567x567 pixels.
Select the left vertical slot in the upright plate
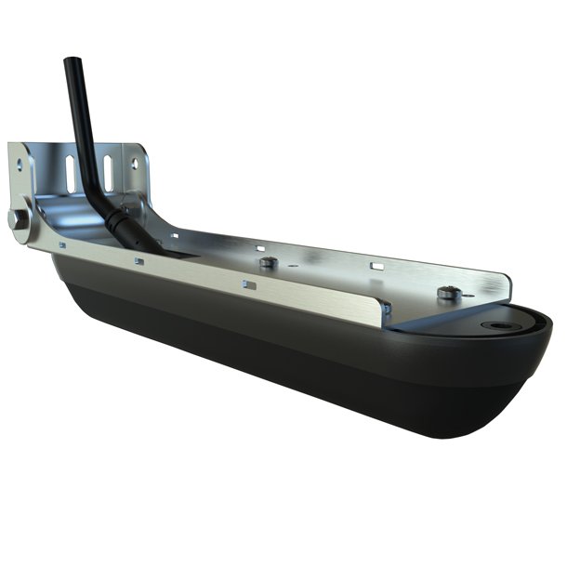click(70, 171)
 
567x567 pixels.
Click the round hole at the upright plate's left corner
click(20, 163)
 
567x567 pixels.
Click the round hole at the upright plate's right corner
click(136, 163)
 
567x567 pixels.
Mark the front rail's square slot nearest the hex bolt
click(61, 245)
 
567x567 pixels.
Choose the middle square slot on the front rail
click(138, 261)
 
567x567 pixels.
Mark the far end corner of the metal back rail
click(507, 283)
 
